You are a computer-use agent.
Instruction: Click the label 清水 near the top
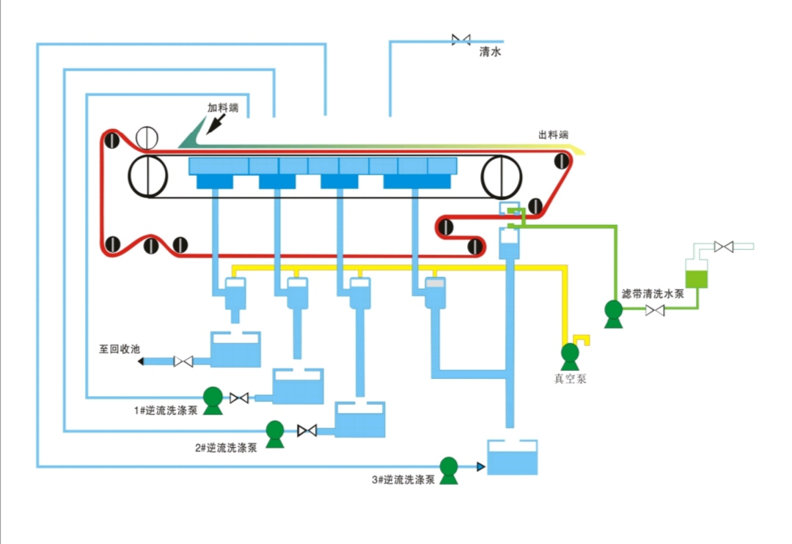(x=490, y=52)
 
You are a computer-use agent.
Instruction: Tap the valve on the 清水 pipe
(x=462, y=40)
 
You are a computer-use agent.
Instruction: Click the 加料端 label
(x=223, y=108)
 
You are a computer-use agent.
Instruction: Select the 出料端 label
(x=554, y=135)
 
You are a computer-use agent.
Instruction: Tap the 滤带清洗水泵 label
(x=653, y=293)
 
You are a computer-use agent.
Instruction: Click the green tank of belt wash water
(x=695, y=279)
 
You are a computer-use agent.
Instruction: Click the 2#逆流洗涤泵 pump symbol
(x=275, y=433)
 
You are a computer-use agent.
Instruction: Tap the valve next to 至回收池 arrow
(x=183, y=361)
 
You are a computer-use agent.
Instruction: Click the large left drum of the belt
(x=148, y=176)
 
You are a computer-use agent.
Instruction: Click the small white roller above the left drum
(x=147, y=136)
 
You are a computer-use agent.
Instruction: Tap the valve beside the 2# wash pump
(x=307, y=430)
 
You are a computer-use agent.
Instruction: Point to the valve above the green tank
(x=724, y=246)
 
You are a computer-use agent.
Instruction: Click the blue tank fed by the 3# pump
(x=513, y=457)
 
